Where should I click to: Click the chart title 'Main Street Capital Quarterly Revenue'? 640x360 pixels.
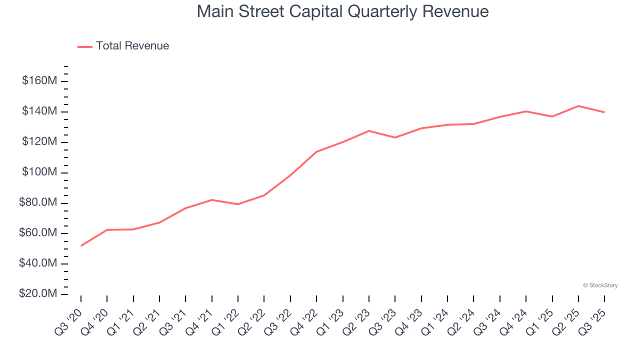342,11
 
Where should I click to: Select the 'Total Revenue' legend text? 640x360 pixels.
132,46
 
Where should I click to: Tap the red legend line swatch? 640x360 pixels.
85,46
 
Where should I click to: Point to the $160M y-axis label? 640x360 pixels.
39,81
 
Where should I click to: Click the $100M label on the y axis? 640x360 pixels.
39,172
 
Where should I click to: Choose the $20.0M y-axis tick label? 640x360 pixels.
37,294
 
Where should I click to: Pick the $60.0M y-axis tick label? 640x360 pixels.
37,233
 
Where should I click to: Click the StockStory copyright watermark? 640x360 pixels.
600,285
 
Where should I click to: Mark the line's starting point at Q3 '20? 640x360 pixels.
81,245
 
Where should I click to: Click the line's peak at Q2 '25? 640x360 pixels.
578,106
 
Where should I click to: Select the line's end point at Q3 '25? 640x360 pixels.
604,112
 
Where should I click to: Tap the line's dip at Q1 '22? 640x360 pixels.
238,204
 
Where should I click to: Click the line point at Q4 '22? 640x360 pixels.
316,151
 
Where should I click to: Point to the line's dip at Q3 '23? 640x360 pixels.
395,137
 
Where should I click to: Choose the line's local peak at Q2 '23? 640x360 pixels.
369,131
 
